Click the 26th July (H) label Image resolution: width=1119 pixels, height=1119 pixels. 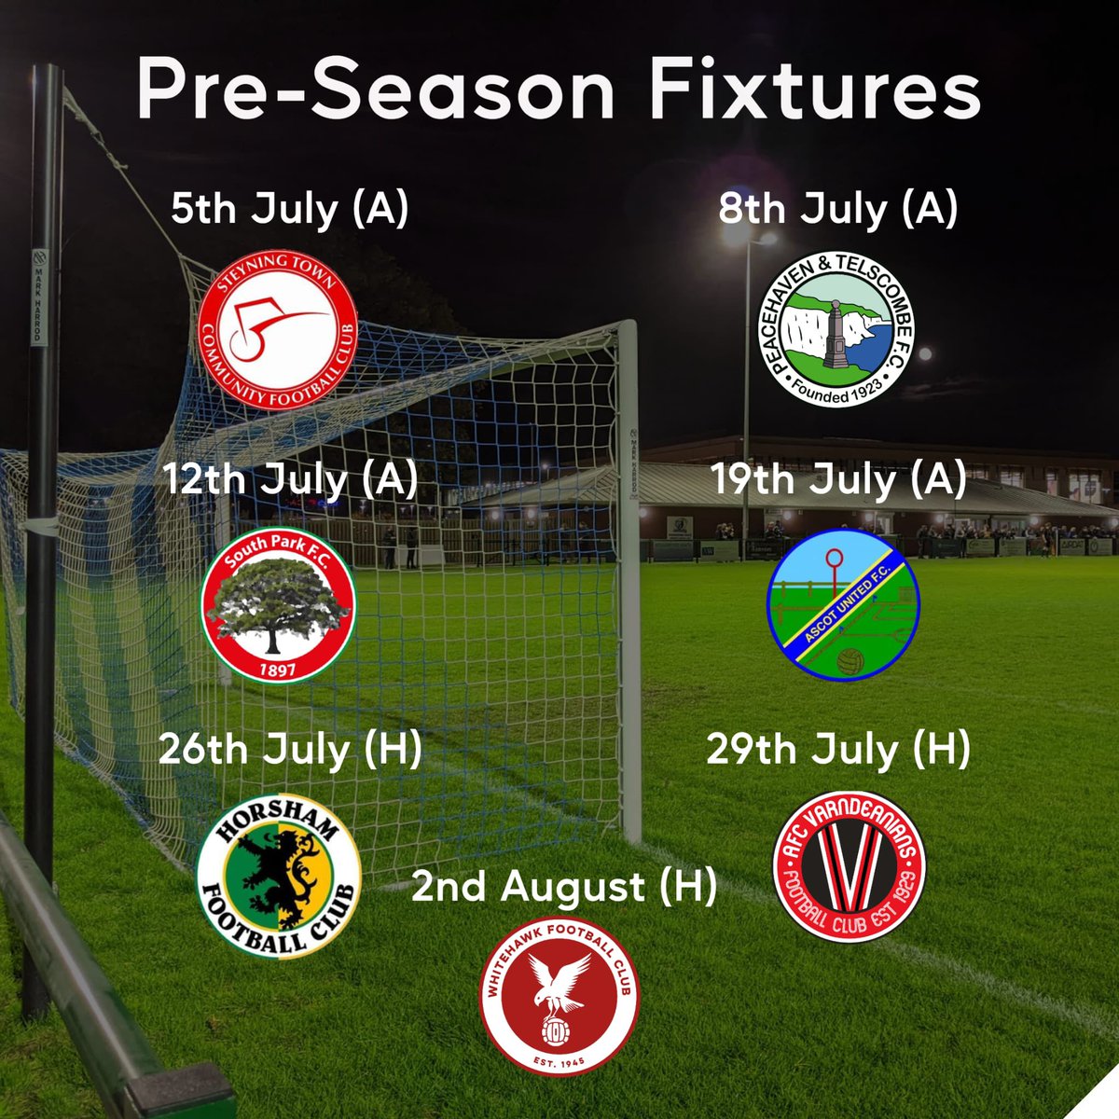(x=290, y=749)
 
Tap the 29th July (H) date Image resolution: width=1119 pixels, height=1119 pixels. (x=837, y=749)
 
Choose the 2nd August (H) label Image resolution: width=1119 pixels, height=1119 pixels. (x=564, y=887)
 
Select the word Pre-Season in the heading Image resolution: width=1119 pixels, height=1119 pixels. (x=375, y=91)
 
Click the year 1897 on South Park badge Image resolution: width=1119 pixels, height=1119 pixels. (x=277, y=669)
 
